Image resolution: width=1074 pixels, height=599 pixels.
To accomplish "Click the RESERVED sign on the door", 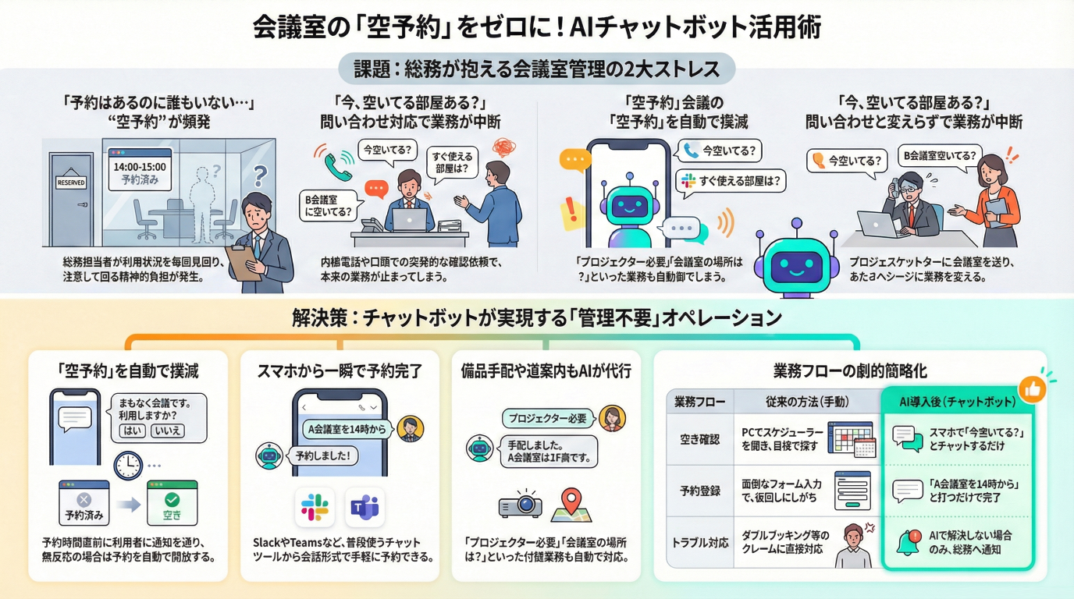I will [x=71, y=183].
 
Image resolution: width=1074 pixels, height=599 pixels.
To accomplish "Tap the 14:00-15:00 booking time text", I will [x=140, y=166].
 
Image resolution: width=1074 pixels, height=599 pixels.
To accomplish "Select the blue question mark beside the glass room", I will [x=261, y=172].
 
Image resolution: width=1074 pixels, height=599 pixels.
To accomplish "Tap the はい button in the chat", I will [x=133, y=431].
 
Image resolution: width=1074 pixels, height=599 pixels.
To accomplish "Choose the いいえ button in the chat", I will [x=168, y=431].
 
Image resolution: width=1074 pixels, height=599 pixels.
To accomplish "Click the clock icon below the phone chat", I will [x=127, y=466].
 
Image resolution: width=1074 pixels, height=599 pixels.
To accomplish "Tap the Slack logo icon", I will [x=315, y=508].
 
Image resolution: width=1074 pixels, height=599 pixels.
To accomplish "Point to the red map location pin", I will [x=572, y=501].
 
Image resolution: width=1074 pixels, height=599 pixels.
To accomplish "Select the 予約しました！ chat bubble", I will [x=322, y=455].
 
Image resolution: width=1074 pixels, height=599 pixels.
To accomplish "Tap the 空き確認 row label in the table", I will [x=699, y=440].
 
